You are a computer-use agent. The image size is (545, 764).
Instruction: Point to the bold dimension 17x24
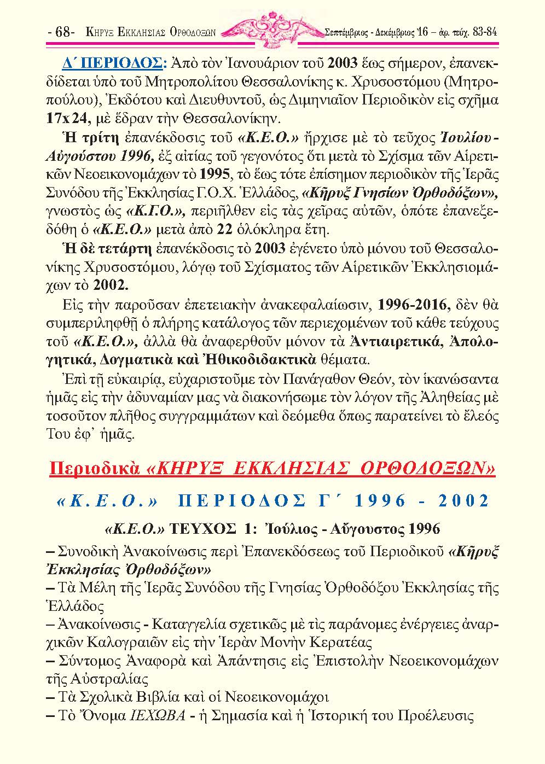click(x=63, y=117)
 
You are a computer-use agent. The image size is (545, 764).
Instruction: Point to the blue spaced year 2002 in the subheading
click(x=463, y=501)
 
